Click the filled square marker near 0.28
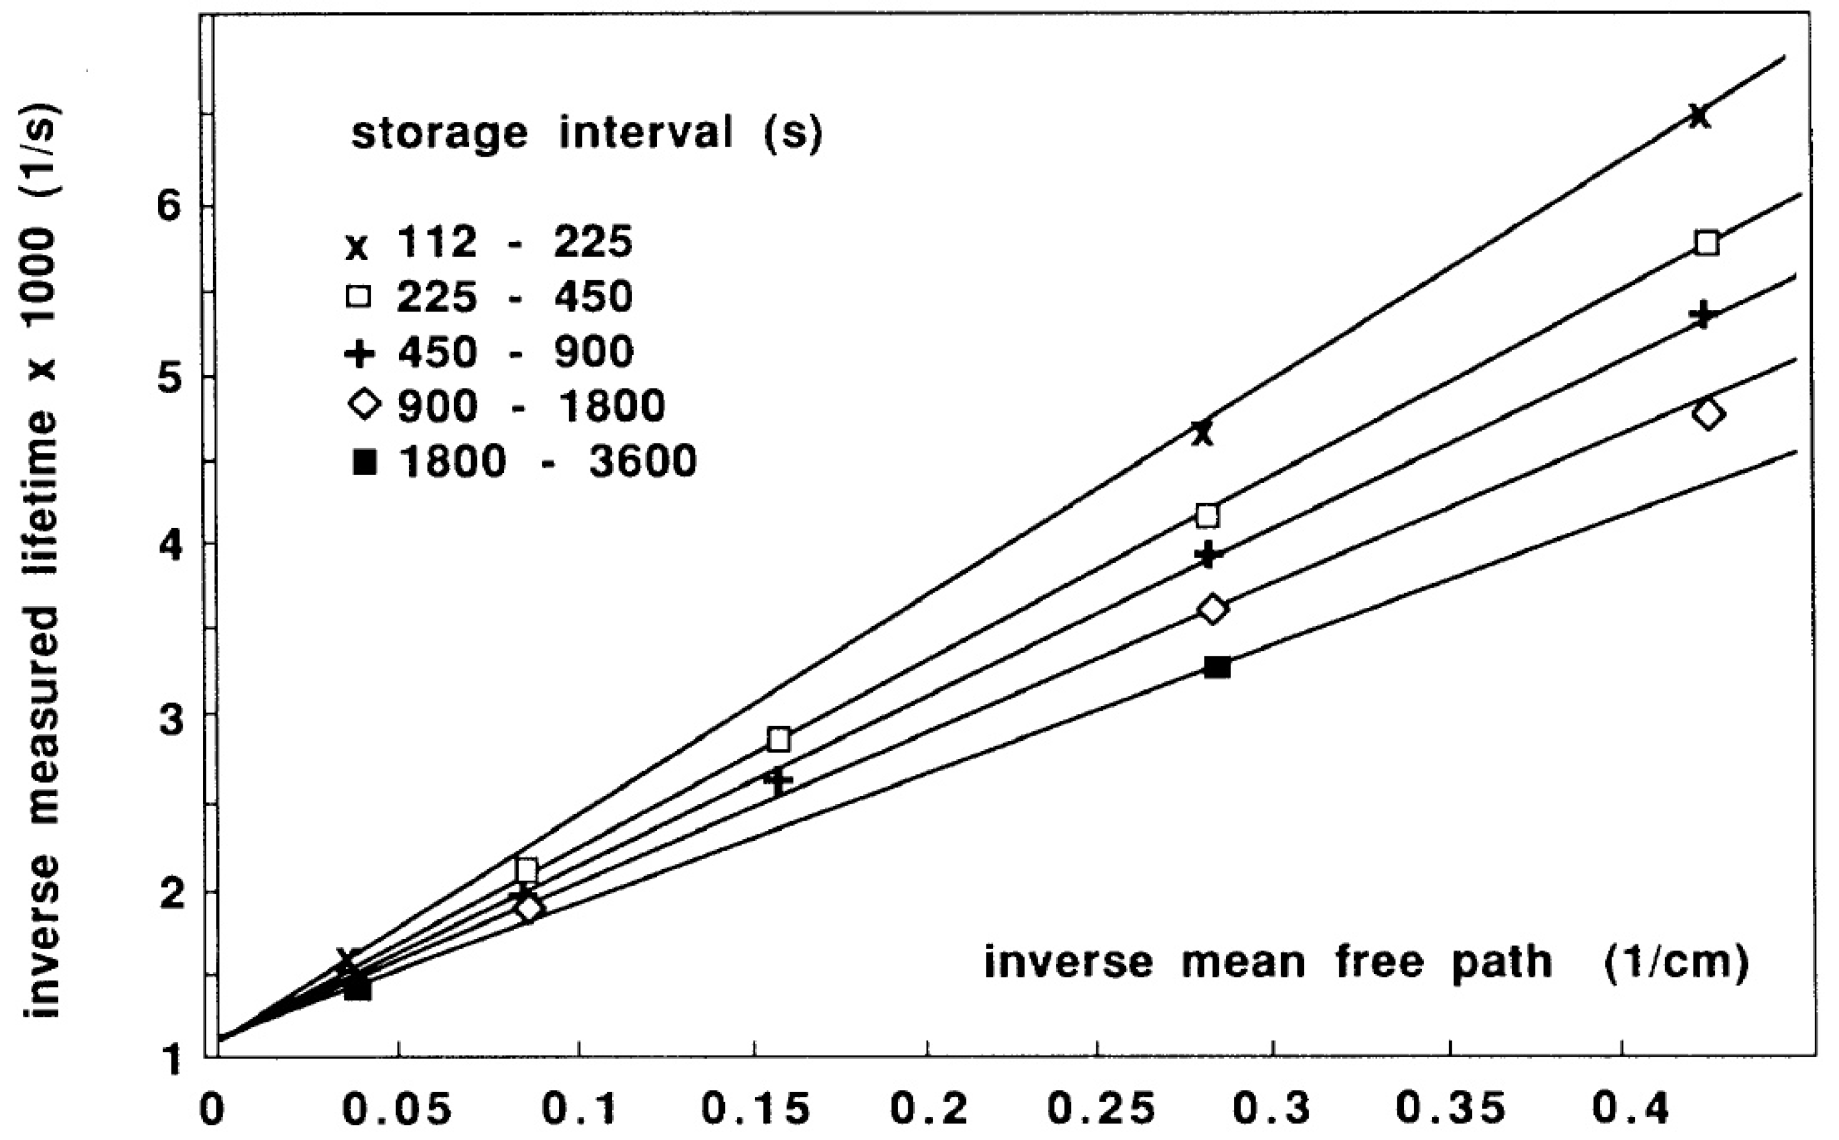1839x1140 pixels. (1217, 667)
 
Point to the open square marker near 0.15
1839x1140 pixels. (779, 740)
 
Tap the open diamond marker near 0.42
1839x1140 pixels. (1708, 414)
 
